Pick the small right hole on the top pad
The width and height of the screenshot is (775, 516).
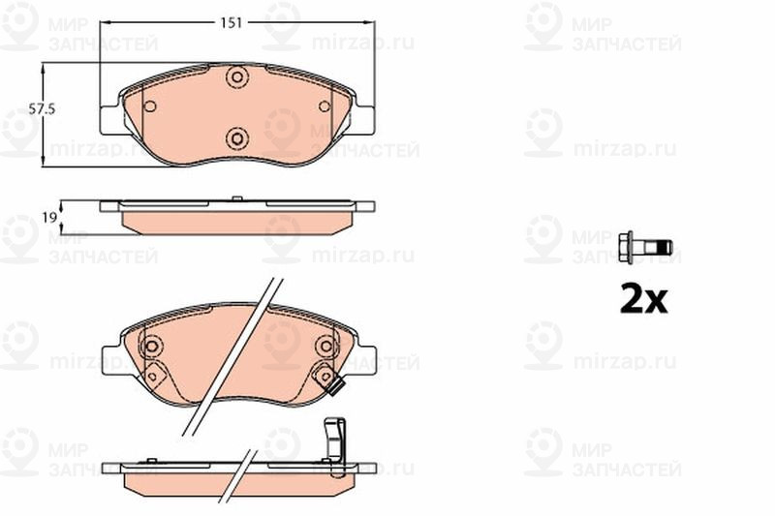click(324, 106)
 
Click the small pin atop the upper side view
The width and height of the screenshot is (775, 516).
click(237, 199)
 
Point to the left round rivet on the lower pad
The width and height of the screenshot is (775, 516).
click(151, 346)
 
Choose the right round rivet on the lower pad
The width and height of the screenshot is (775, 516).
click(324, 346)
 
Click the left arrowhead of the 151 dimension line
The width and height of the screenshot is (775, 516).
click(105, 20)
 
